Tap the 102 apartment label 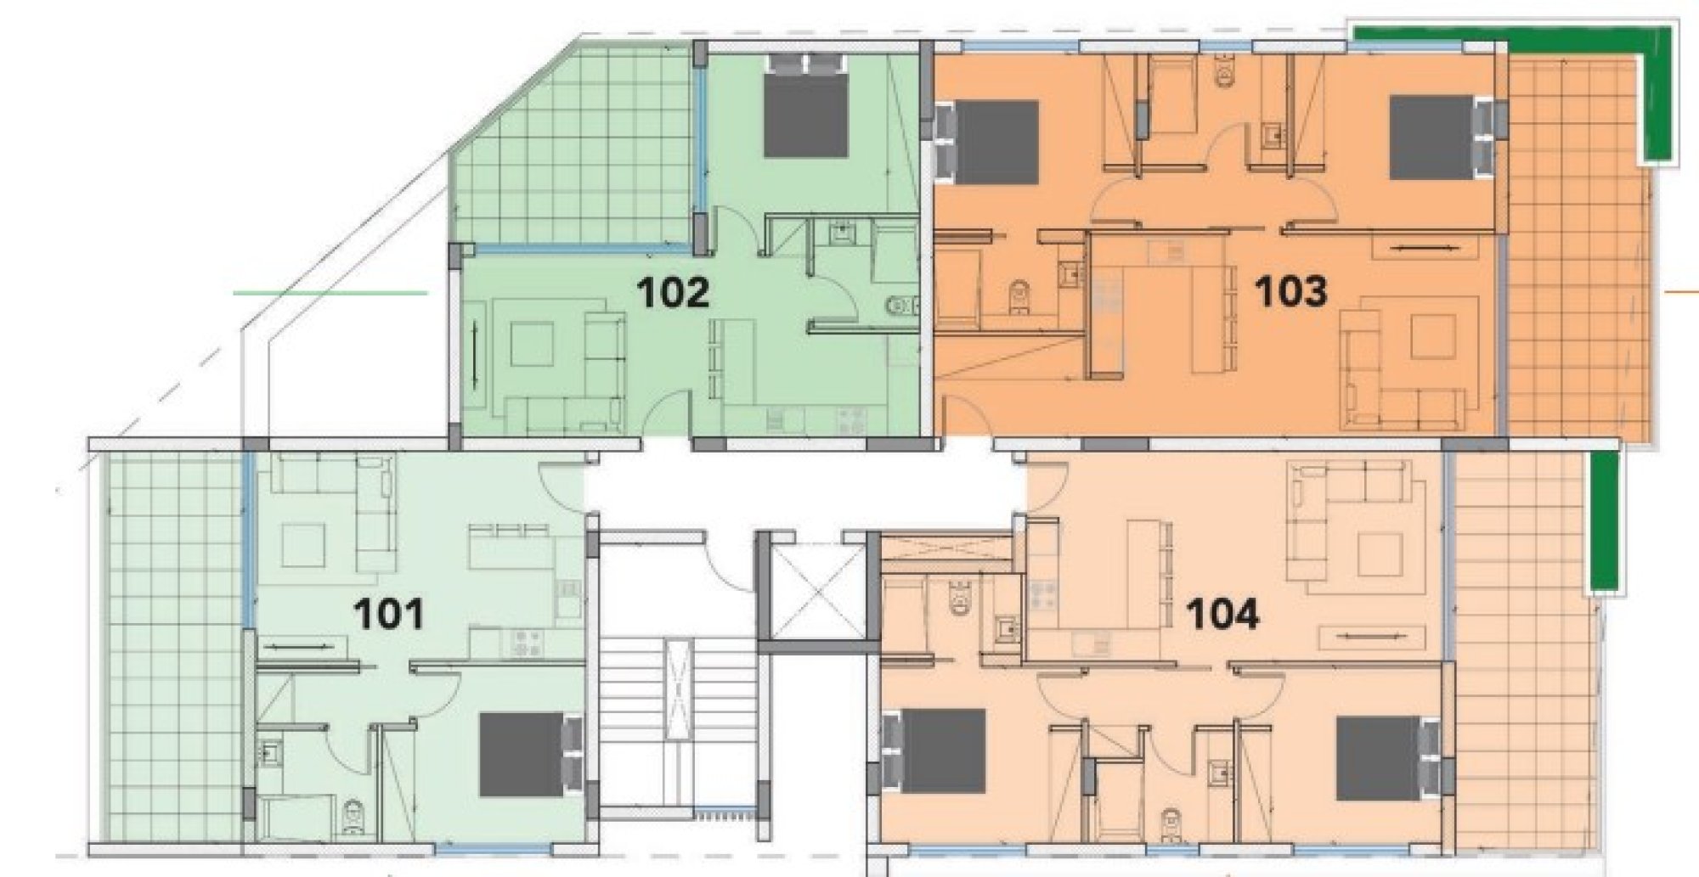coord(673,293)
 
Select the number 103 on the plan coord(1290,292)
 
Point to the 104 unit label coord(1222,614)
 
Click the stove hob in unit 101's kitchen coord(526,643)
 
